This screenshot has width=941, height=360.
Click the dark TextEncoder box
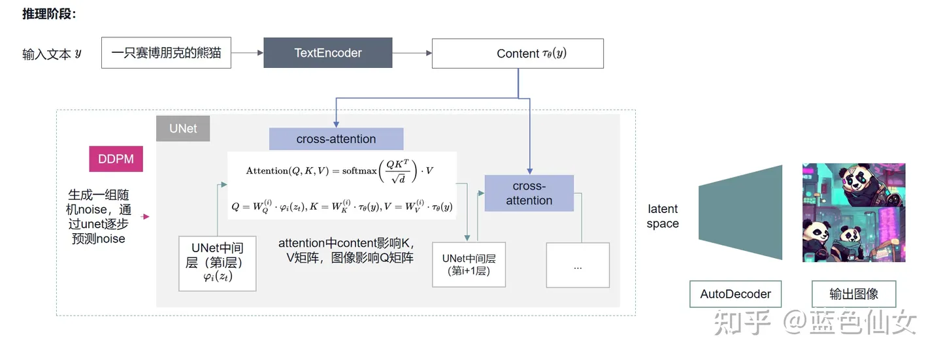(327, 53)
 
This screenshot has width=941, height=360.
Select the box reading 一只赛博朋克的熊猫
(166, 53)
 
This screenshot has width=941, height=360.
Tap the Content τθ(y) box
(518, 54)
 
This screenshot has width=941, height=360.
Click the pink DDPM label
(116, 159)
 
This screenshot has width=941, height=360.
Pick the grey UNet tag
(183, 129)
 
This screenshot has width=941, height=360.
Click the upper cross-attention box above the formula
(336, 139)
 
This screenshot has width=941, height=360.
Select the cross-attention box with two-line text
(529, 193)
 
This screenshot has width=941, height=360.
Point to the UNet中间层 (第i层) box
(217, 263)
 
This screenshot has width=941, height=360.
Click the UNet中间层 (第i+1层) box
(469, 264)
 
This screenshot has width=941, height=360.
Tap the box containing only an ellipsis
(578, 265)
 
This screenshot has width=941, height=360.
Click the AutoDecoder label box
(735, 294)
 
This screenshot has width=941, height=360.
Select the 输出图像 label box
(853, 294)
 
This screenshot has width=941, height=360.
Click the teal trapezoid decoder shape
(740, 212)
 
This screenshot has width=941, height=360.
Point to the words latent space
(663, 216)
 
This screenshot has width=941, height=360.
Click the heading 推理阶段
(49, 14)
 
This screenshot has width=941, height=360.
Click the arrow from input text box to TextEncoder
(247, 53)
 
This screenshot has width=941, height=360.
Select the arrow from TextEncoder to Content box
(412, 53)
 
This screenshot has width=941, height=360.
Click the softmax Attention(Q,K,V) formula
(340, 170)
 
